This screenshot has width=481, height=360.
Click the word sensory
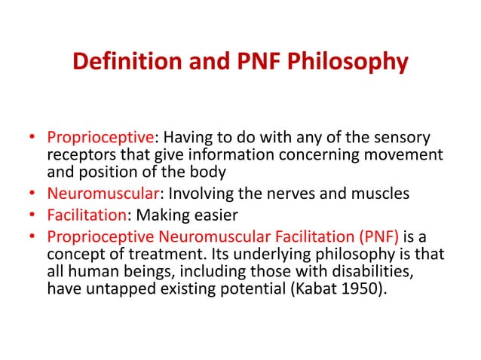[x=403, y=139]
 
